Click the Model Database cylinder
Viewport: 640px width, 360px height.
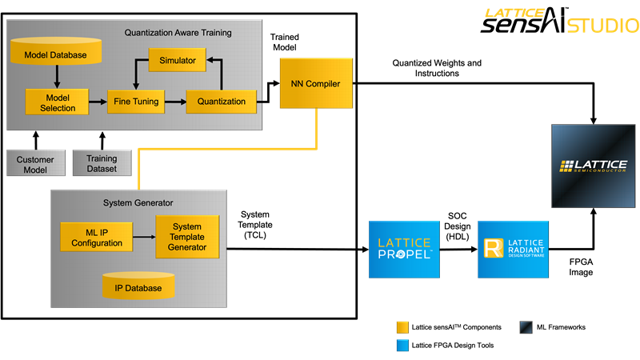pos(57,53)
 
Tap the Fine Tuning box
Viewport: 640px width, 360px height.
pos(136,102)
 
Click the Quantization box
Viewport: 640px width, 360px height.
pos(222,102)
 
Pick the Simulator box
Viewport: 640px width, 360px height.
pos(178,60)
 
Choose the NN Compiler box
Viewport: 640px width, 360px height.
pos(316,82)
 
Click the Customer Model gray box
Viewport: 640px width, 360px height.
pos(35,164)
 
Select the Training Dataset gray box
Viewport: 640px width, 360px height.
pos(102,164)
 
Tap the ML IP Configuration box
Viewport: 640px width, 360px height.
pos(97,238)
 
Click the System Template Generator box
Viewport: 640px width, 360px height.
pos(187,236)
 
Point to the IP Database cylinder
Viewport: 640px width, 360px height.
pos(138,286)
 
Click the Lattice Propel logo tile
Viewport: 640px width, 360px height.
pos(404,249)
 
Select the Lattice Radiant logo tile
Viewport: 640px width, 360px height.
pos(513,249)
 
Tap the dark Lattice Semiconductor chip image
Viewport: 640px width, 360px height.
pos(594,166)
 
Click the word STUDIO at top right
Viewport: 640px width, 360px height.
pos(602,26)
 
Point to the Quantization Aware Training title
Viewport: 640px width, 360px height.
pos(178,33)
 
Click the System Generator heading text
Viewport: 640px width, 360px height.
pos(138,202)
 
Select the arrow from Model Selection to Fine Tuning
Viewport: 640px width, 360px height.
pos(97,102)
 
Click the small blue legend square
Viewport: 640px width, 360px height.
pos(402,346)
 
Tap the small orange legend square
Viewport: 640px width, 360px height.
pos(402,327)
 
